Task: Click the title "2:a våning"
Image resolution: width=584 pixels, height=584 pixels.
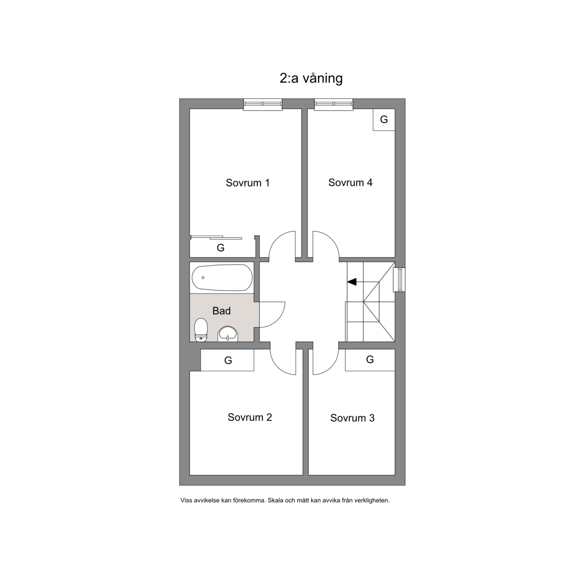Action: click(x=311, y=79)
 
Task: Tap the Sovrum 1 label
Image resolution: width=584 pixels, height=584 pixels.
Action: click(x=248, y=183)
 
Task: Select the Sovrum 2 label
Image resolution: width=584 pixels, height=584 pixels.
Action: click(x=250, y=417)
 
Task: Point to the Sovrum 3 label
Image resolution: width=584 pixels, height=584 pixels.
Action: click(x=352, y=418)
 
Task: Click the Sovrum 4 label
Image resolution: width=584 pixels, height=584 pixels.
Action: click(x=350, y=182)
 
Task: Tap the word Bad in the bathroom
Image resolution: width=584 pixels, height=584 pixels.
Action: click(x=222, y=311)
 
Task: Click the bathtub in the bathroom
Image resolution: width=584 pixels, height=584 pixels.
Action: click(x=222, y=278)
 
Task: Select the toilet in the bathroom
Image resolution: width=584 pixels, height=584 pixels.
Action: click(x=201, y=330)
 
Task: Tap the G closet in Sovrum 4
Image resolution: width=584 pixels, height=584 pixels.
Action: click(x=384, y=120)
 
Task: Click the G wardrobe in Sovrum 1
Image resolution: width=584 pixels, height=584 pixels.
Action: click(x=221, y=248)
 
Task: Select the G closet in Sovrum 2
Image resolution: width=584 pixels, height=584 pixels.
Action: click(x=228, y=360)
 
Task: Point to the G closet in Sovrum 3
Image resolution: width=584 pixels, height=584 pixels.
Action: click(x=370, y=360)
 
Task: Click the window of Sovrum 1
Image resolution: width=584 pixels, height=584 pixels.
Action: click(x=263, y=104)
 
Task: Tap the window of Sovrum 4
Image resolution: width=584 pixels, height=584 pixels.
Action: click(x=334, y=104)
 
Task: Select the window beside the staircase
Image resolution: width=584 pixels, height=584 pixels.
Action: click(x=399, y=280)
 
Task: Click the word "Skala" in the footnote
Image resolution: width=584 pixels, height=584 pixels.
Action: click(x=275, y=500)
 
